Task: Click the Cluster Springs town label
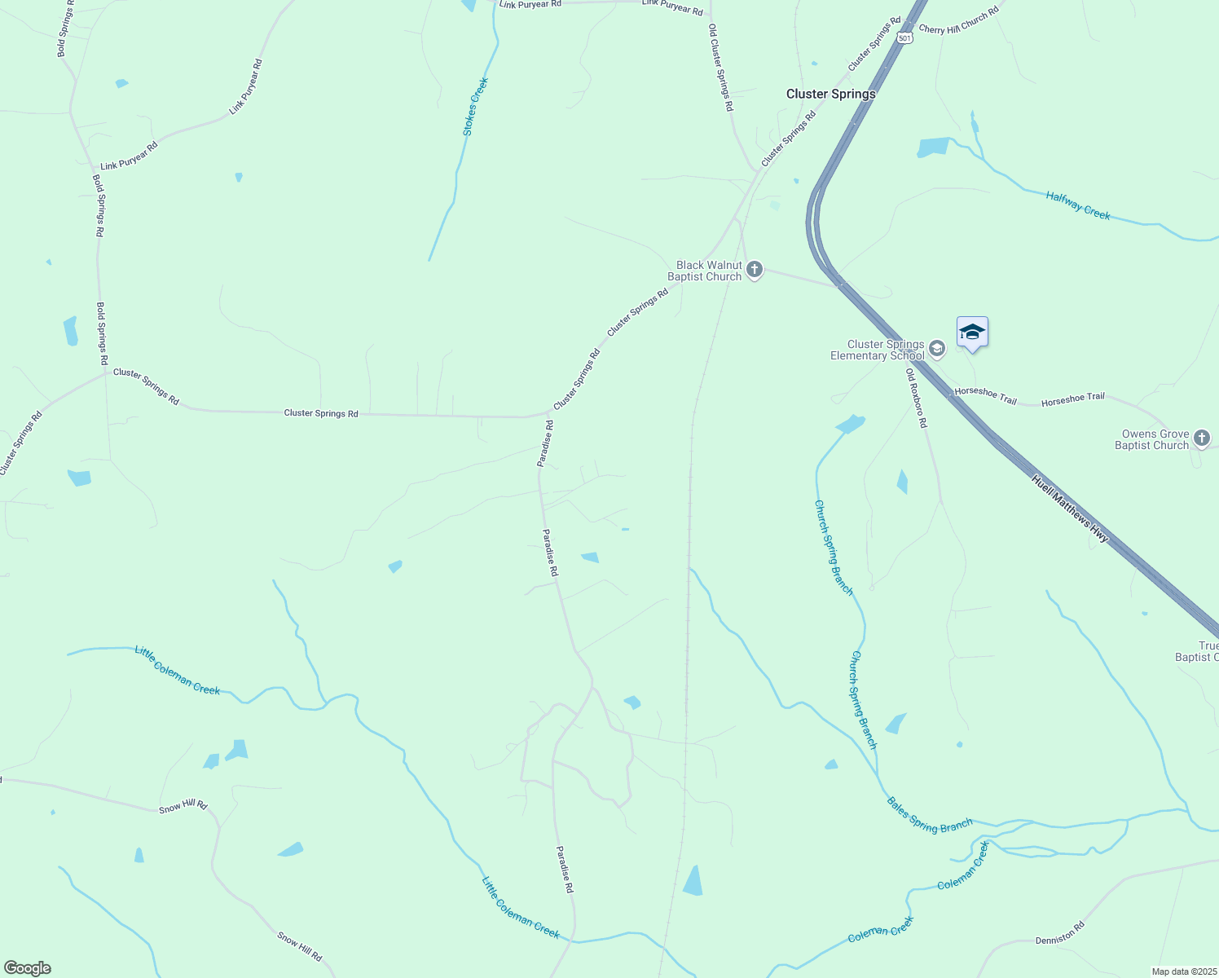coord(830,94)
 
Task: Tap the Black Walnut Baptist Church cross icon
coord(755,269)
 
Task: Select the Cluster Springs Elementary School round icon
coord(937,349)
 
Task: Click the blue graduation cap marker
coord(972,333)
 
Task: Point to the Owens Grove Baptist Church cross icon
coord(1201,438)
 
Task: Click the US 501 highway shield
coord(904,37)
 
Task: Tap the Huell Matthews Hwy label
coord(1070,509)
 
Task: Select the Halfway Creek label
coord(1078,205)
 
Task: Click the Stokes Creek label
coord(475,107)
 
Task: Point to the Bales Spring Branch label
coord(929,814)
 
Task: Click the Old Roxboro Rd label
coord(916,398)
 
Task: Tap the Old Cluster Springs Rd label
coord(720,68)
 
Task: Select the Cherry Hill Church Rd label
coord(958,22)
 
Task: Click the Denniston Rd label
coord(1059,933)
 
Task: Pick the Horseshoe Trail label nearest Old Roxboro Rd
coord(985,395)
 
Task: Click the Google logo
coord(27,968)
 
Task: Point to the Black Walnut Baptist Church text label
coord(705,271)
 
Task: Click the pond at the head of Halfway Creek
coord(934,148)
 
